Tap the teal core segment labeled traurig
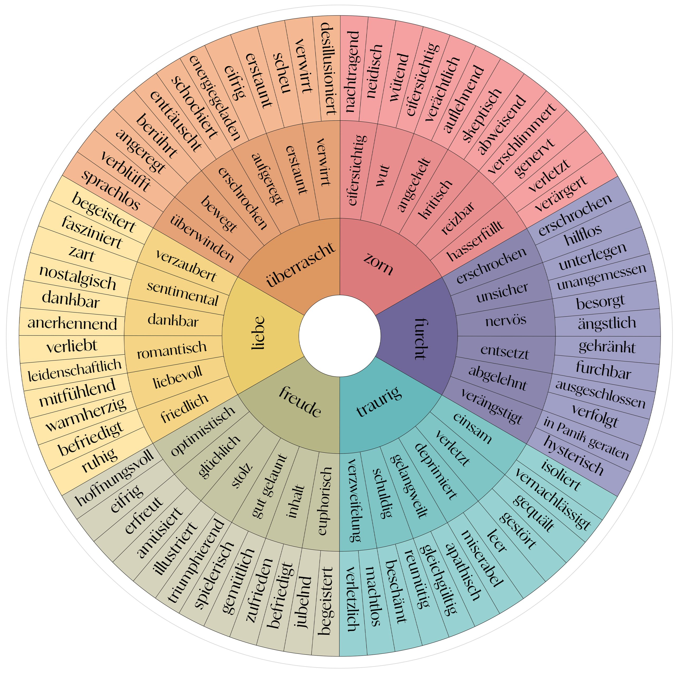[x=379, y=402]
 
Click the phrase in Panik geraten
[x=586, y=438]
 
